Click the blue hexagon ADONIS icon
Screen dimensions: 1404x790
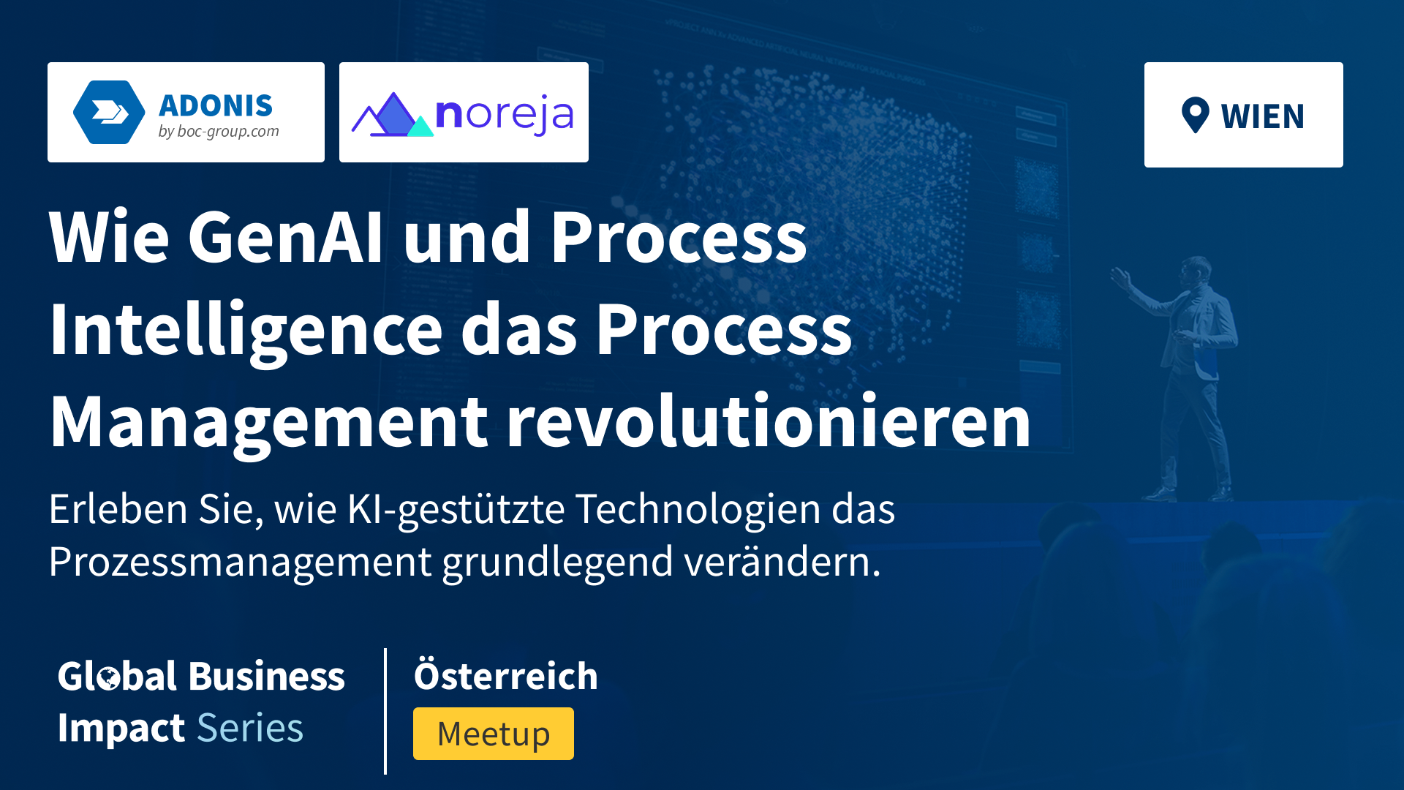pyautogui.click(x=109, y=112)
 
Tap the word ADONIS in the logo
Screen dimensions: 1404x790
pyautogui.click(x=216, y=106)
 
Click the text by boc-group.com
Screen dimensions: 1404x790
pyautogui.click(x=219, y=132)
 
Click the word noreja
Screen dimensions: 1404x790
pyautogui.click(x=505, y=116)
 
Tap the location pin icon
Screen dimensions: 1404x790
pyautogui.click(x=1196, y=116)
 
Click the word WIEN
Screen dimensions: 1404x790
pyautogui.click(x=1263, y=117)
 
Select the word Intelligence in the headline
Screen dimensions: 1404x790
pyautogui.click(x=246, y=331)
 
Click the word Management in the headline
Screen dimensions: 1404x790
pyautogui.click(x=269, y=424)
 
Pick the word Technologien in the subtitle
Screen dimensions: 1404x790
pyautogui.click(x=698, y=510)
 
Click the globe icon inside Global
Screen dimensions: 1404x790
pyautogui.click(x=108, y=678)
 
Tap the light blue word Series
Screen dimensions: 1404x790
pyautogui.click(x=250, y=728)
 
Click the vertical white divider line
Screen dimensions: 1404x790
pyautogui.click(x=385, y=711)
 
